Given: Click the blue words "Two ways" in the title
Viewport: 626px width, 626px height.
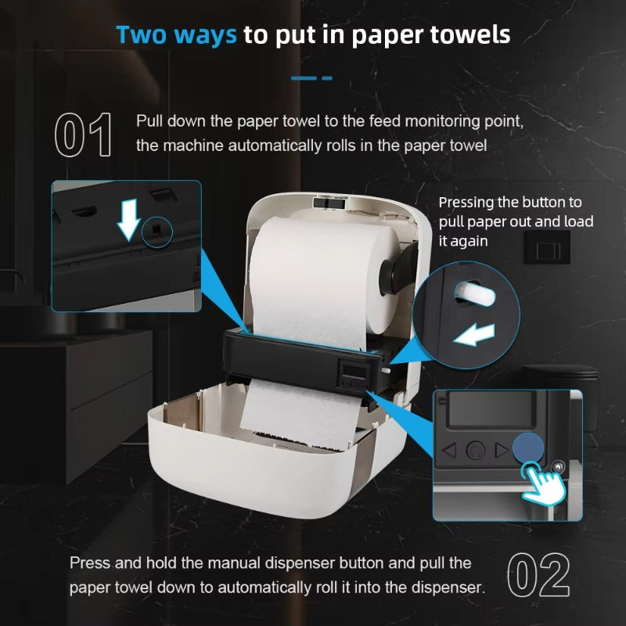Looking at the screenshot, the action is tap(176, 34).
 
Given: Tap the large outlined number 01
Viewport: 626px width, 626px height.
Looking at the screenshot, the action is tap(83, 135).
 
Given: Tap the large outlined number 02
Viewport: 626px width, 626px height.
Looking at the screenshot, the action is tap(538, 575).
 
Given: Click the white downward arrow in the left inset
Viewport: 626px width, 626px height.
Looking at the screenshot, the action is tap(128, 220).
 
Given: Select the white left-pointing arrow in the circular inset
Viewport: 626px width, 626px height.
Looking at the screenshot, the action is tap(474, 334).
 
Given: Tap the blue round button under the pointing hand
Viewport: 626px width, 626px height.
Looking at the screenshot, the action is tap(527, 448).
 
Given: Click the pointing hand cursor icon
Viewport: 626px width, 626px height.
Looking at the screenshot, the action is tap(543, 482).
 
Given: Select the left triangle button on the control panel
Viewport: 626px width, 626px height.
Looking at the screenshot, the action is tap(450, 450).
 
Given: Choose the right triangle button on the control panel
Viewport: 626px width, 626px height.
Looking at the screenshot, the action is tap(501, 450).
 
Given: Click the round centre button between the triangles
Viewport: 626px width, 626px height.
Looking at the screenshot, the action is tap(476, 451).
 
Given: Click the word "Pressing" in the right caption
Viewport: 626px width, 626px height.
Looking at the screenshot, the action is tap(466, 203).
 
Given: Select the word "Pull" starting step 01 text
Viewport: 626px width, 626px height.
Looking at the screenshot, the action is tap(149, 121).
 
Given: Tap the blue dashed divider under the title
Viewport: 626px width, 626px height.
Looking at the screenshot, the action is tap(311, 78).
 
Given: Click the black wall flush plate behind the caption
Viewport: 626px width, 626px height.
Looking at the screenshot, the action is tap(547, 247).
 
